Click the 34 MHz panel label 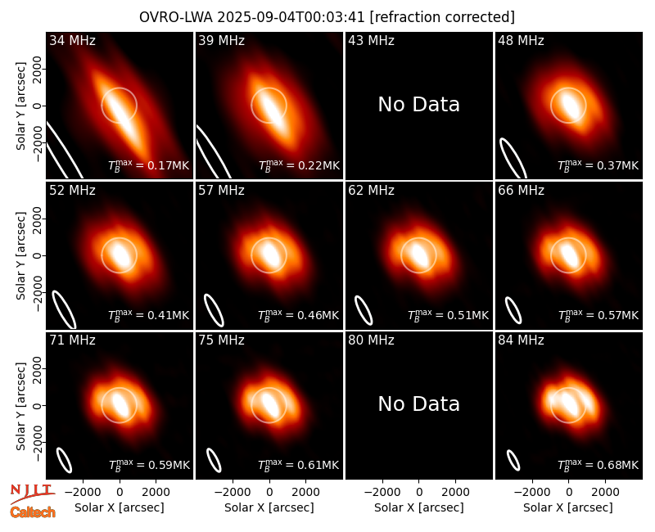click(72, 40)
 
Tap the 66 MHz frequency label click(521, 191)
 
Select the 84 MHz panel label click(521, 340)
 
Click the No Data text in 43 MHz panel click(419, 105)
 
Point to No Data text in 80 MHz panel click(419, 404)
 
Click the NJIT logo click(32, 493)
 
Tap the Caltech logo click(33, 512)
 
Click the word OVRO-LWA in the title click(176, 17)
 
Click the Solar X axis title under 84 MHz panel click(568, 507)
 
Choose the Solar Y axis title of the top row click(20, 106)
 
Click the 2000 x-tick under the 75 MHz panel click(305, 493)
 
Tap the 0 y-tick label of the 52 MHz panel click(38, 255)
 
